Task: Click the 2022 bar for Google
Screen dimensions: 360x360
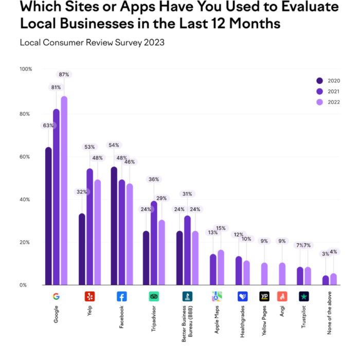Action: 64,190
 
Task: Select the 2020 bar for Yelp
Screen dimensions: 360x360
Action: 82,249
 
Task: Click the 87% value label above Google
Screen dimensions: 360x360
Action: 64,75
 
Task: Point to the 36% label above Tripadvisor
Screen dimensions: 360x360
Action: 154,179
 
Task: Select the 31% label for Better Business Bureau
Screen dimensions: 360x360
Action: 187,194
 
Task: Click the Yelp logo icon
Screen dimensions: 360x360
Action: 89,297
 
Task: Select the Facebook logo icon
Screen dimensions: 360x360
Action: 122,297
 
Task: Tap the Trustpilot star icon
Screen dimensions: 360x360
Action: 304,297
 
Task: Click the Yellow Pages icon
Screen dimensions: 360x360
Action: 265,297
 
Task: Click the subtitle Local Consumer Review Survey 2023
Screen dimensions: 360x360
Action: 92,43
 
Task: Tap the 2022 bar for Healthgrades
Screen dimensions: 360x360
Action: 246,273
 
